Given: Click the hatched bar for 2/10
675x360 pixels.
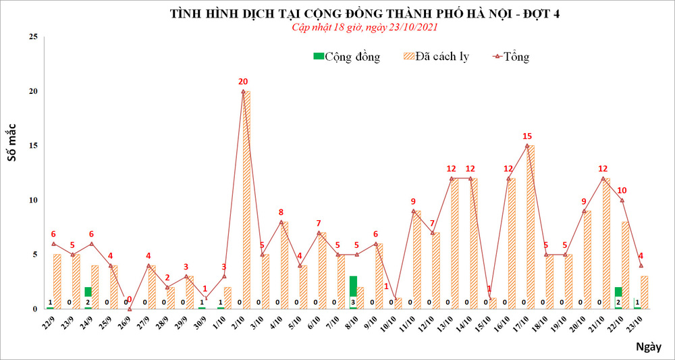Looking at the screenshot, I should pos(247,200).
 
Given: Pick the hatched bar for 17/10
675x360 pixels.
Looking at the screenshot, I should pos(531,227).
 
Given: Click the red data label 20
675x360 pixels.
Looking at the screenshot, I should pos(243,82).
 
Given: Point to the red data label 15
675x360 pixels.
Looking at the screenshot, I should pos(527,136).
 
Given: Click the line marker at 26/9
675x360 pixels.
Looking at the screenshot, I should pos(129,309).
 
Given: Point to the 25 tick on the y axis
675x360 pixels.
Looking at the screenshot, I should pos(32,36).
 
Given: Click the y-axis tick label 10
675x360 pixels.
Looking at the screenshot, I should pos(32,200).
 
